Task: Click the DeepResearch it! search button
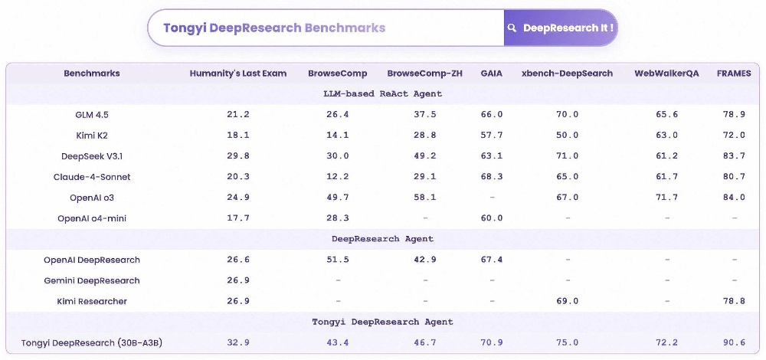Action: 560,28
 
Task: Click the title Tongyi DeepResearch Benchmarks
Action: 274,28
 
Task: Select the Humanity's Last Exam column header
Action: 238,74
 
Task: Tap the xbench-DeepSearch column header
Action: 567,74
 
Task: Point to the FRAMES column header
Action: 733,74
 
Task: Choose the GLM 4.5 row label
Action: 92,115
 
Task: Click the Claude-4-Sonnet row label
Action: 92,177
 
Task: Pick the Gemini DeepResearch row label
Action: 92,280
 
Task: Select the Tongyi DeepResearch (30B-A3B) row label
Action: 92,342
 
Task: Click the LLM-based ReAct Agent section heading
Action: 383,94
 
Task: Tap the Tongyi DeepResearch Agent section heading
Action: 383,322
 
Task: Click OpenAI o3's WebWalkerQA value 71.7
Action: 666,198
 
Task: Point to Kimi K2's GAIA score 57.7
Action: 491,136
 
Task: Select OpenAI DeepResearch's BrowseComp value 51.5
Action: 337,260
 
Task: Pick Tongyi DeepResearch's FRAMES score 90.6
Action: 734,342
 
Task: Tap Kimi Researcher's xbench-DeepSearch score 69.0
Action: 567,301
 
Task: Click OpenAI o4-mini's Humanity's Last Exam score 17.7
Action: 238,218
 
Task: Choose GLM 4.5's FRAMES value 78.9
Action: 734,115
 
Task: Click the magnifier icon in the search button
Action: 512,28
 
